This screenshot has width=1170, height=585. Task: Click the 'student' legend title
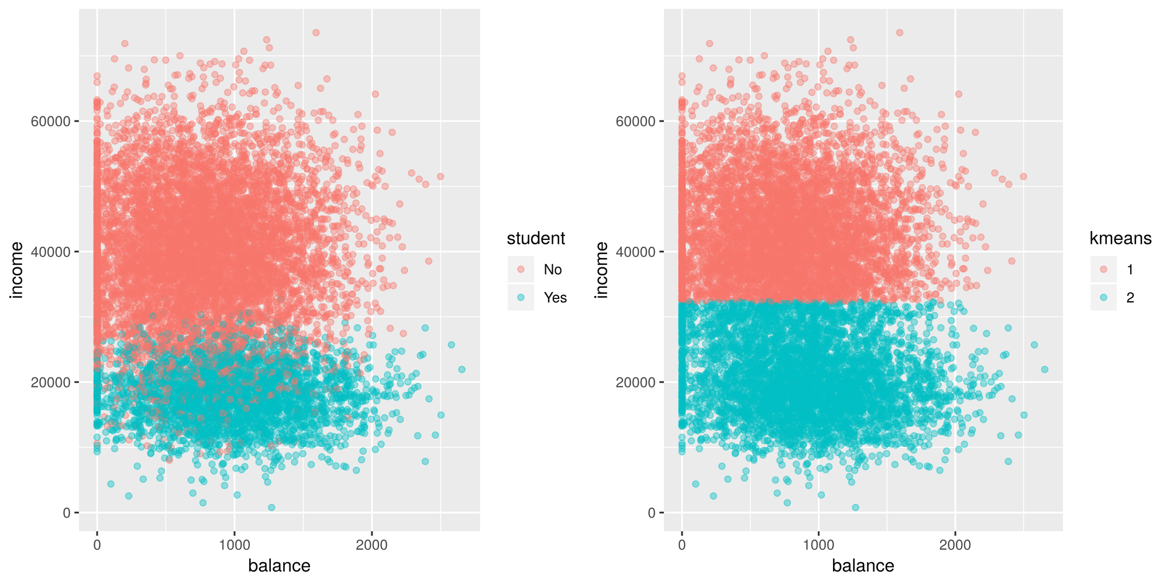(x=536, y=239)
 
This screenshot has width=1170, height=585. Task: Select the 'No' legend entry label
(x=552, y=270)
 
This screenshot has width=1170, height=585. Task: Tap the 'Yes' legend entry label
(x=555, y=298)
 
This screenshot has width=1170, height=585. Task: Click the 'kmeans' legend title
(x=1120, y=239)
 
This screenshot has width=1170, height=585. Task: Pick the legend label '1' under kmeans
(x=1130, y=270)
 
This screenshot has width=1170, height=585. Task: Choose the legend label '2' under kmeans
(x=1130, y=298)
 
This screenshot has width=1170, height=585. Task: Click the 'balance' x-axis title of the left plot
(x=279, y=566)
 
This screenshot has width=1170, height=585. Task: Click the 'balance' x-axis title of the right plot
(x=863, y=566)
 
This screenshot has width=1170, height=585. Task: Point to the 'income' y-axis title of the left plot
(x=17, y=270)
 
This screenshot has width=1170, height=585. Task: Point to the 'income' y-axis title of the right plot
(x=601, y=270)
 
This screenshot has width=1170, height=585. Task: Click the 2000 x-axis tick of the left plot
(x=371, y=545)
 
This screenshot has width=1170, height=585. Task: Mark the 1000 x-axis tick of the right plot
(x=818, y=545)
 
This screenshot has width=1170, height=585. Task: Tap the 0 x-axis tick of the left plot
(x=97, y=545)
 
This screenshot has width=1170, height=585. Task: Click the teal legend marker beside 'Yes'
(x=521, y=298)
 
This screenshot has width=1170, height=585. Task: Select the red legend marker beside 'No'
(x=521, y=270)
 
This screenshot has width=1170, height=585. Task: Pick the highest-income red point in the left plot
(x=316, y=33)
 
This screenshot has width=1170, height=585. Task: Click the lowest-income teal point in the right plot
(x=855, y=507)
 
